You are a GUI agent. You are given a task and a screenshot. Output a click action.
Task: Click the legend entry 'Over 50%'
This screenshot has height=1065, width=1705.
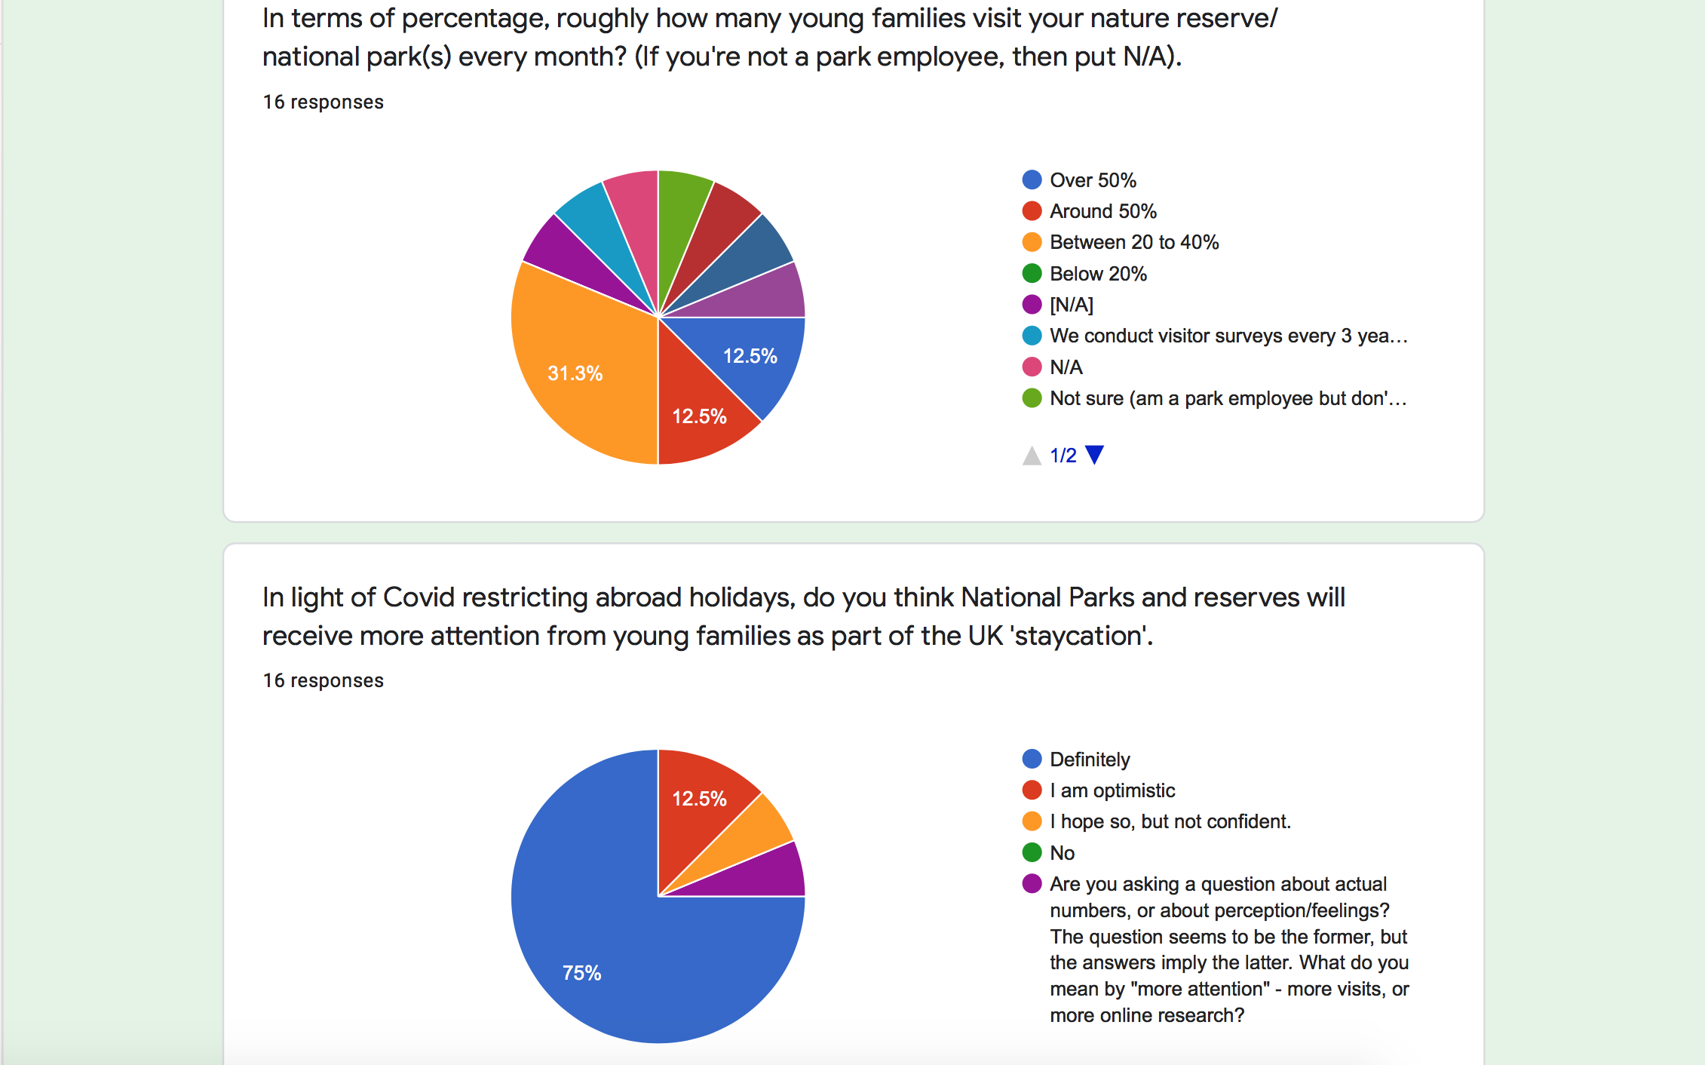coord(1092,180)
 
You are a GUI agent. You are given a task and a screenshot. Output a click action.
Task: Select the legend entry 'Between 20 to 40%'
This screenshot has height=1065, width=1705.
coord(1133,242)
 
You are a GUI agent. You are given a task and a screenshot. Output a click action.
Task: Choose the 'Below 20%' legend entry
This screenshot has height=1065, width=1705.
coord(1097,274)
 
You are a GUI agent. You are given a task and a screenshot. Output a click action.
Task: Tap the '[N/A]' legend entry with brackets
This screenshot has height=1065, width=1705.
coord(1071,305)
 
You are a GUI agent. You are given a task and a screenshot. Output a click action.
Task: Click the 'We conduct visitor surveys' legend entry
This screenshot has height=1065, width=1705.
coord(1228,336)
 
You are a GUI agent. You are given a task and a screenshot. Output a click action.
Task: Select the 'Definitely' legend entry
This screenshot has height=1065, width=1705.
coord(1089,760)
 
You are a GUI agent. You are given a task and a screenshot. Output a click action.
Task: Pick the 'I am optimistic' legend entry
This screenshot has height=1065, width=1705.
coord(1112,790)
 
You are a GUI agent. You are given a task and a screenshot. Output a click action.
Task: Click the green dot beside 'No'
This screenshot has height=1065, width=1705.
coord(1032,852)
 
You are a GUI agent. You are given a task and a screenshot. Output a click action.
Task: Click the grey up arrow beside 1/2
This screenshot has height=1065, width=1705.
coord(1032,456)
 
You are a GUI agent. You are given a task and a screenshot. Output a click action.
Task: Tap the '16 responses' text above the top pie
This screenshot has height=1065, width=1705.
coord(323,102)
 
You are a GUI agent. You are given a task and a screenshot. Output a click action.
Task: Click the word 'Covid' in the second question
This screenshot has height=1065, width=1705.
coord(418,597)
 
